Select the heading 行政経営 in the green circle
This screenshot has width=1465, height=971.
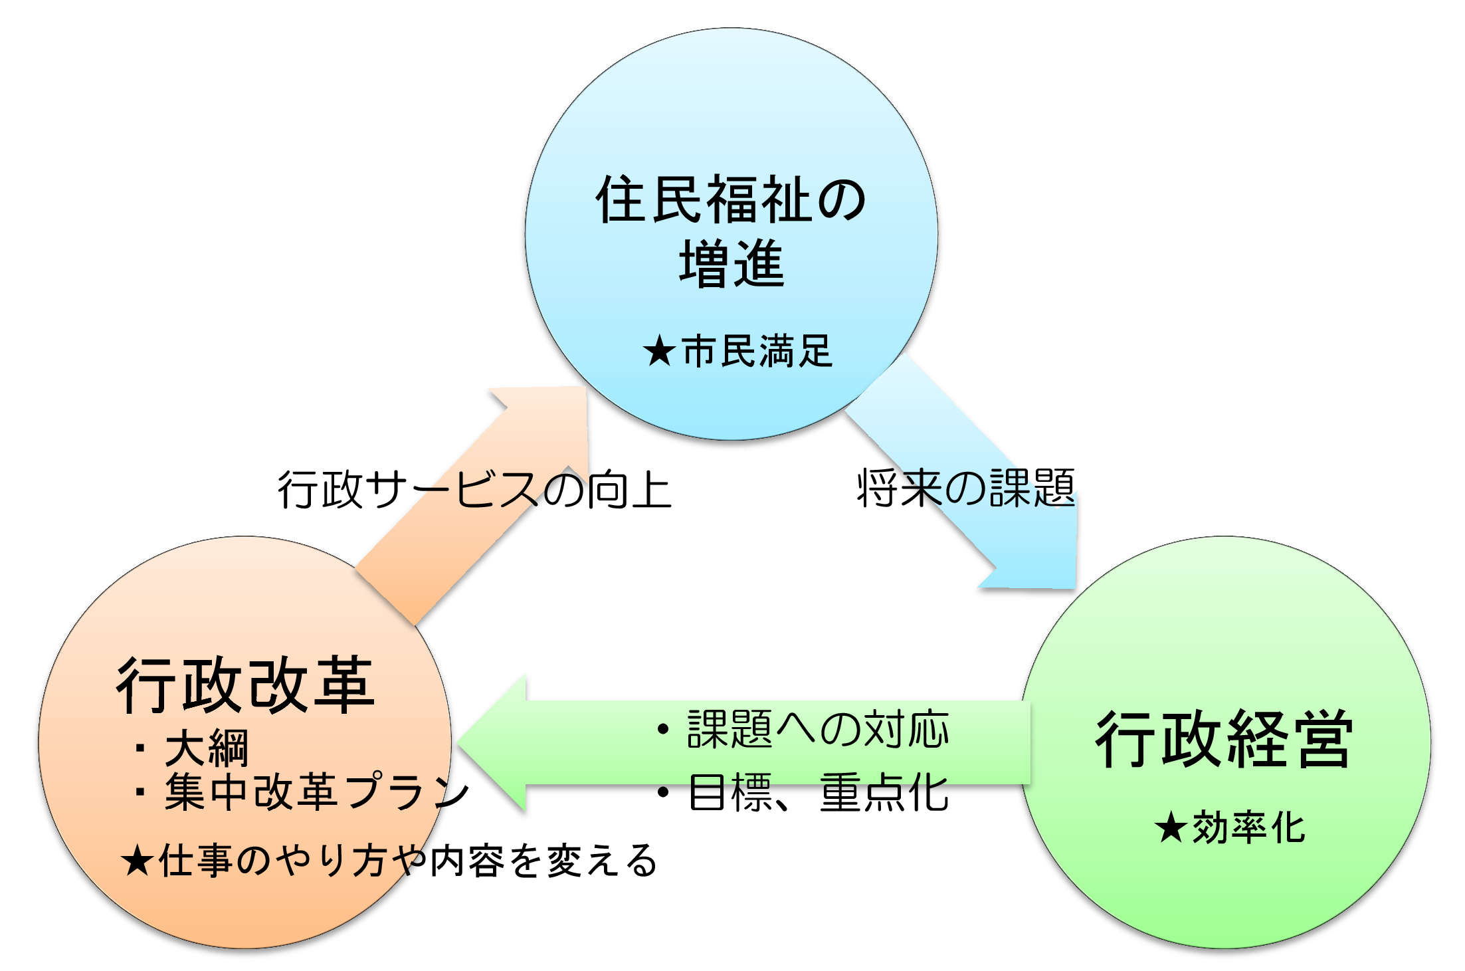pyautogui.click(x=1224, y=739)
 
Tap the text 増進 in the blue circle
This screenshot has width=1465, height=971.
pyautogui.click(x=732, y=265)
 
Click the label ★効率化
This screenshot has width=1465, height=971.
pyautogui.click(x=1230, y=828)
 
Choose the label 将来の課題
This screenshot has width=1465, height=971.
pyautogui.click(x=966, y=488)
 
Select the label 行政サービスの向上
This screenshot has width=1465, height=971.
pyautogui.click(x=474, y=490)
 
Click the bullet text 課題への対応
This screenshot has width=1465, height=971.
pyautogui.click(x=818, y=729)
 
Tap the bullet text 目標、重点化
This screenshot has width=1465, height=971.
pyautogui.click(x=818, y=792)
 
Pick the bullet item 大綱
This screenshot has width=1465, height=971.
pyautogui.click(x=206, y=748)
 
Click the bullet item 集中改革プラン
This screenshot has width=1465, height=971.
pyautogui.click(x=316, y=792)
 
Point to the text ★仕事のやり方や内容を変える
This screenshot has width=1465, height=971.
pyautogui.click(x=389, y=861)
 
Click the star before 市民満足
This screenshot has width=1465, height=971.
pyautogui.click(x=659, y=352)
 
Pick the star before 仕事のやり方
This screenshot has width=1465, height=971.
pyautogui.click(x=138, y=861)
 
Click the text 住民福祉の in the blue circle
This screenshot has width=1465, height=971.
pyautogui.click(x=732, y=199)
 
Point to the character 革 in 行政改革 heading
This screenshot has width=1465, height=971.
pyautogui.click(x=344, y=685)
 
